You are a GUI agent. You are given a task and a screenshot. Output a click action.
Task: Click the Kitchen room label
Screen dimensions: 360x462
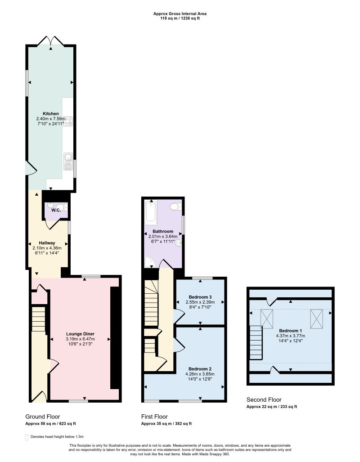(51, 113)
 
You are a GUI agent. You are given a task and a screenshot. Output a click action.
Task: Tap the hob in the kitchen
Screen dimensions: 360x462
(68, 121)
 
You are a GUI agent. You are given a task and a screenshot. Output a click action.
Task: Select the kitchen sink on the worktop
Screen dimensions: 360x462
(68, 161)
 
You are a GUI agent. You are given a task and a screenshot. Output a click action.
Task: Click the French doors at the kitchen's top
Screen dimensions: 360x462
(51, 40)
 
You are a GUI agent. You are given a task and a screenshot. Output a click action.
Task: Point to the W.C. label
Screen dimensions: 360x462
(56, 210)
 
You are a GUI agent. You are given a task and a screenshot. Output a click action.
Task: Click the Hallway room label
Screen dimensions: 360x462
(47, 243)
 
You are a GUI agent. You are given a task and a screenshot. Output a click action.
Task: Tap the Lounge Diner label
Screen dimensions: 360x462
(80, 334)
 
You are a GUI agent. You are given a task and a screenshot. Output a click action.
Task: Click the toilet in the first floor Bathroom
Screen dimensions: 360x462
(176, 207)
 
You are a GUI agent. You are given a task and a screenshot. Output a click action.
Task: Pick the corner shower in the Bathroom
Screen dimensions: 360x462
(149, 261)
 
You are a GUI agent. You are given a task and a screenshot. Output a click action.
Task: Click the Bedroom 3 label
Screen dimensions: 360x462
(200, 297)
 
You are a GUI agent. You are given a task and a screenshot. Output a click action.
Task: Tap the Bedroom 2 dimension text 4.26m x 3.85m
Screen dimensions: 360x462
(200, 374)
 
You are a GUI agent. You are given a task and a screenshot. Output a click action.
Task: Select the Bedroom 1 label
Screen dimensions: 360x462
(290, 331)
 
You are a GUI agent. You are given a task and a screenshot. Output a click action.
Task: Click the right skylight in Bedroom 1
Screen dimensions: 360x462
(316, 319)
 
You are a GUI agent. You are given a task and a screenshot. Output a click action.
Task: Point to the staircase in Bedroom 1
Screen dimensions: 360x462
(256, 343)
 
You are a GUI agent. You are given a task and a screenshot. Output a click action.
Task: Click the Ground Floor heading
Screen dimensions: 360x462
(42, 417)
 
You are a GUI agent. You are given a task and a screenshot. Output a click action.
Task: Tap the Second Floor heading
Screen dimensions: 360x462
(264, 399)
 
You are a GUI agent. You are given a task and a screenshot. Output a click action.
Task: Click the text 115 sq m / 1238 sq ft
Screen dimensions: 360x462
(180, 18)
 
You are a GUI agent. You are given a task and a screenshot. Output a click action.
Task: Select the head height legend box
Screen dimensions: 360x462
(27, 437)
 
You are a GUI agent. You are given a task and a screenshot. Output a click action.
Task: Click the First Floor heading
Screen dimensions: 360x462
(154, 417)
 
